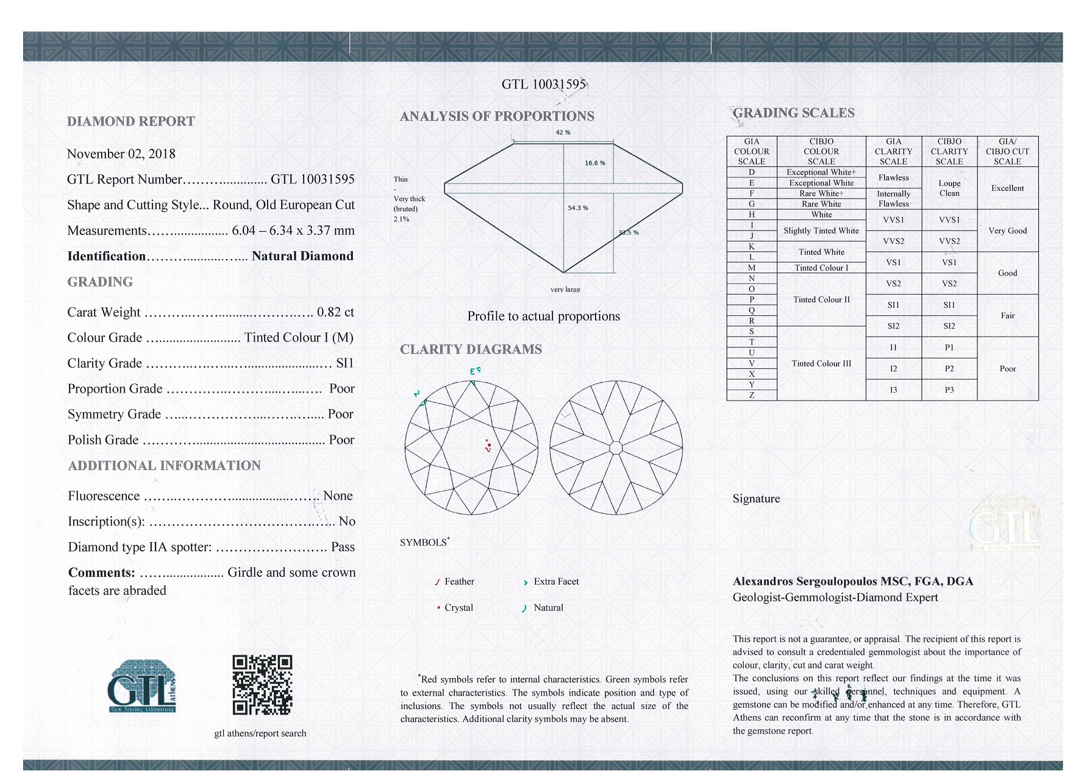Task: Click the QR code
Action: (262, 685)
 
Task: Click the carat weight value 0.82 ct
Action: (335, 312)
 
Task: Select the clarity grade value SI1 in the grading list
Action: (344, 363)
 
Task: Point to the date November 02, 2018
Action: (121, 154)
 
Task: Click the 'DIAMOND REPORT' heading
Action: (131, 121)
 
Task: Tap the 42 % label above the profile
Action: (563, 132)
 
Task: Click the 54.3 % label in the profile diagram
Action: (578, 208)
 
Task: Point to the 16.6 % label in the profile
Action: (594, 163)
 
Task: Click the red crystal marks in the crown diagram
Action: (488, 446)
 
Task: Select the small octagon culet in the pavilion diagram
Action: (616, 448)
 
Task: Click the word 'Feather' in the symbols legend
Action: (459, 582)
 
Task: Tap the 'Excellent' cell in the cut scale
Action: (1007, 188)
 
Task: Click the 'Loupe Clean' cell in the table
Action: (949, 188)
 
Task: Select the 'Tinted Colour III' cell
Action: (821, 363)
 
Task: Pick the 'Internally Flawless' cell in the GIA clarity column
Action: (893, 199)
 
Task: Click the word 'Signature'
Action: (756, 499)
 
